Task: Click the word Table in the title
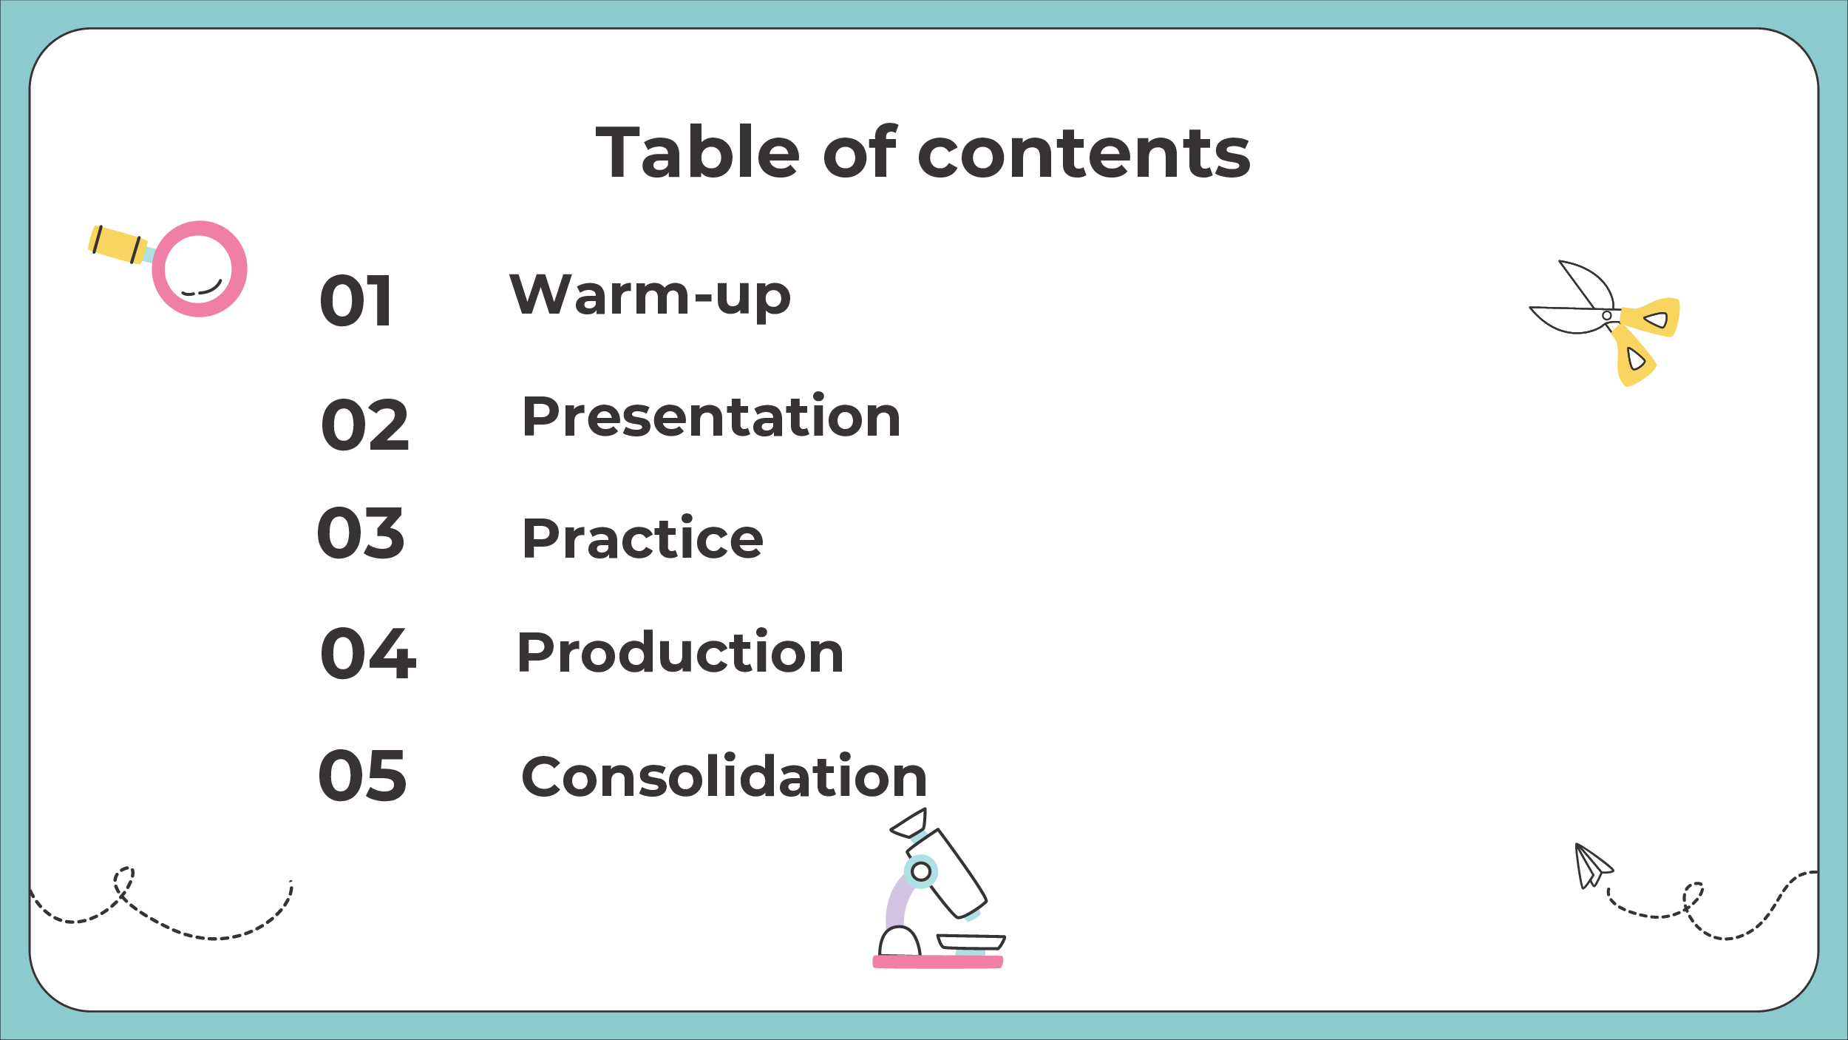pos(698,152)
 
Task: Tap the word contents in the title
pos(1084,154)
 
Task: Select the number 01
pos(356,300)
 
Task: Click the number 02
pos(364,425)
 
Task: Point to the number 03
pos(361,533)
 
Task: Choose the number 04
pos(367,652)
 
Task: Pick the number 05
pos(362,775)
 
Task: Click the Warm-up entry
pos(650,294)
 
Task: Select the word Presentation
pos(711,416)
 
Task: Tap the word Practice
pos(642,538)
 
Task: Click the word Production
pos(680,652)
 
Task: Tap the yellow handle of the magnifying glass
pos(118,245)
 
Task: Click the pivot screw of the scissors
pos(1606,316)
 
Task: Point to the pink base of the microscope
pos(937,962)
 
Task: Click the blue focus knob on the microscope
pos(920,871)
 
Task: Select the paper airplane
pos(1592,866)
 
